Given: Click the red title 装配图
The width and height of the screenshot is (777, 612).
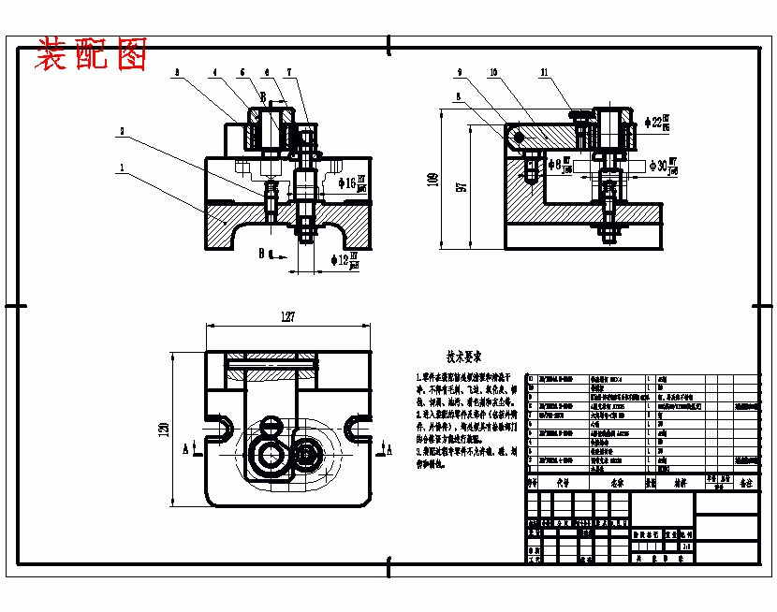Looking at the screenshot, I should [x=92, y=55].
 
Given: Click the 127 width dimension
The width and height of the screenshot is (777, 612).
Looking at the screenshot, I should [x=287, y=317].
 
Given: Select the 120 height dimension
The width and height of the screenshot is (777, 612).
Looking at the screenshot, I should [x=165, y=430].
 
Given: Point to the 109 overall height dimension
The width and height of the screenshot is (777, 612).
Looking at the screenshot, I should [x=432, y=178].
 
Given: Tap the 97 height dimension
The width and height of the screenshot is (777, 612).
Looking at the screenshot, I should [x=461, y=185].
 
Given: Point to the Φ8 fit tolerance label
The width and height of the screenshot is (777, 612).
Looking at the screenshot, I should [x=559, y=166].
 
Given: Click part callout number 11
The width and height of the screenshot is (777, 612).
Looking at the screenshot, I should [x=544, y=71].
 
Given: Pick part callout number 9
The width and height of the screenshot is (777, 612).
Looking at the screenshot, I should [x=460, y=71].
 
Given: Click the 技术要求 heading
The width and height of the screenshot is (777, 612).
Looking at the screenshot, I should [x=462, y=357].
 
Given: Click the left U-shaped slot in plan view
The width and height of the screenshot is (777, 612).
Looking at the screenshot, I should [x=220, y=429].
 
